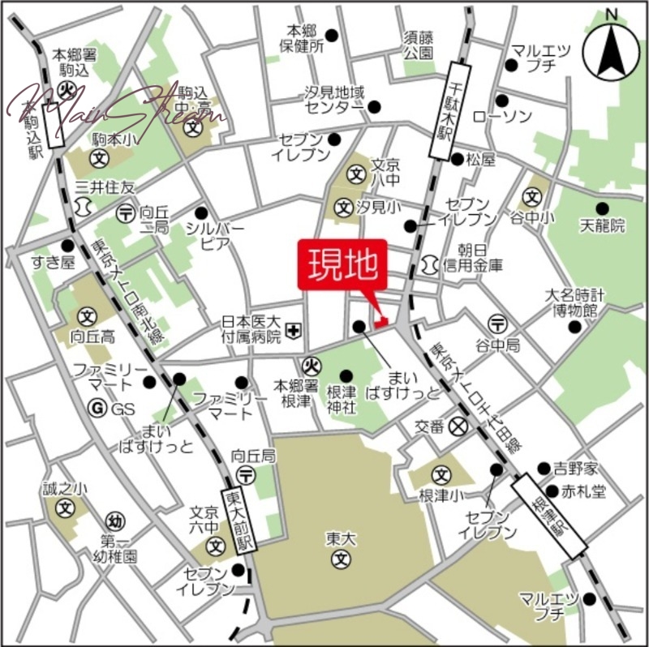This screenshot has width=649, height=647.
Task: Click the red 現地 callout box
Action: [342, 264]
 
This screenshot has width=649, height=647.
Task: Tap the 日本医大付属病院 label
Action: [251, 328]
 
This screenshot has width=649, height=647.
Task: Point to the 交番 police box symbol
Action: [459, 424]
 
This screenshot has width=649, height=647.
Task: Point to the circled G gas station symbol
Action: [98, 409]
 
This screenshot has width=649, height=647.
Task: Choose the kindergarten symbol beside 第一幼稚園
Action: [114, 521]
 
